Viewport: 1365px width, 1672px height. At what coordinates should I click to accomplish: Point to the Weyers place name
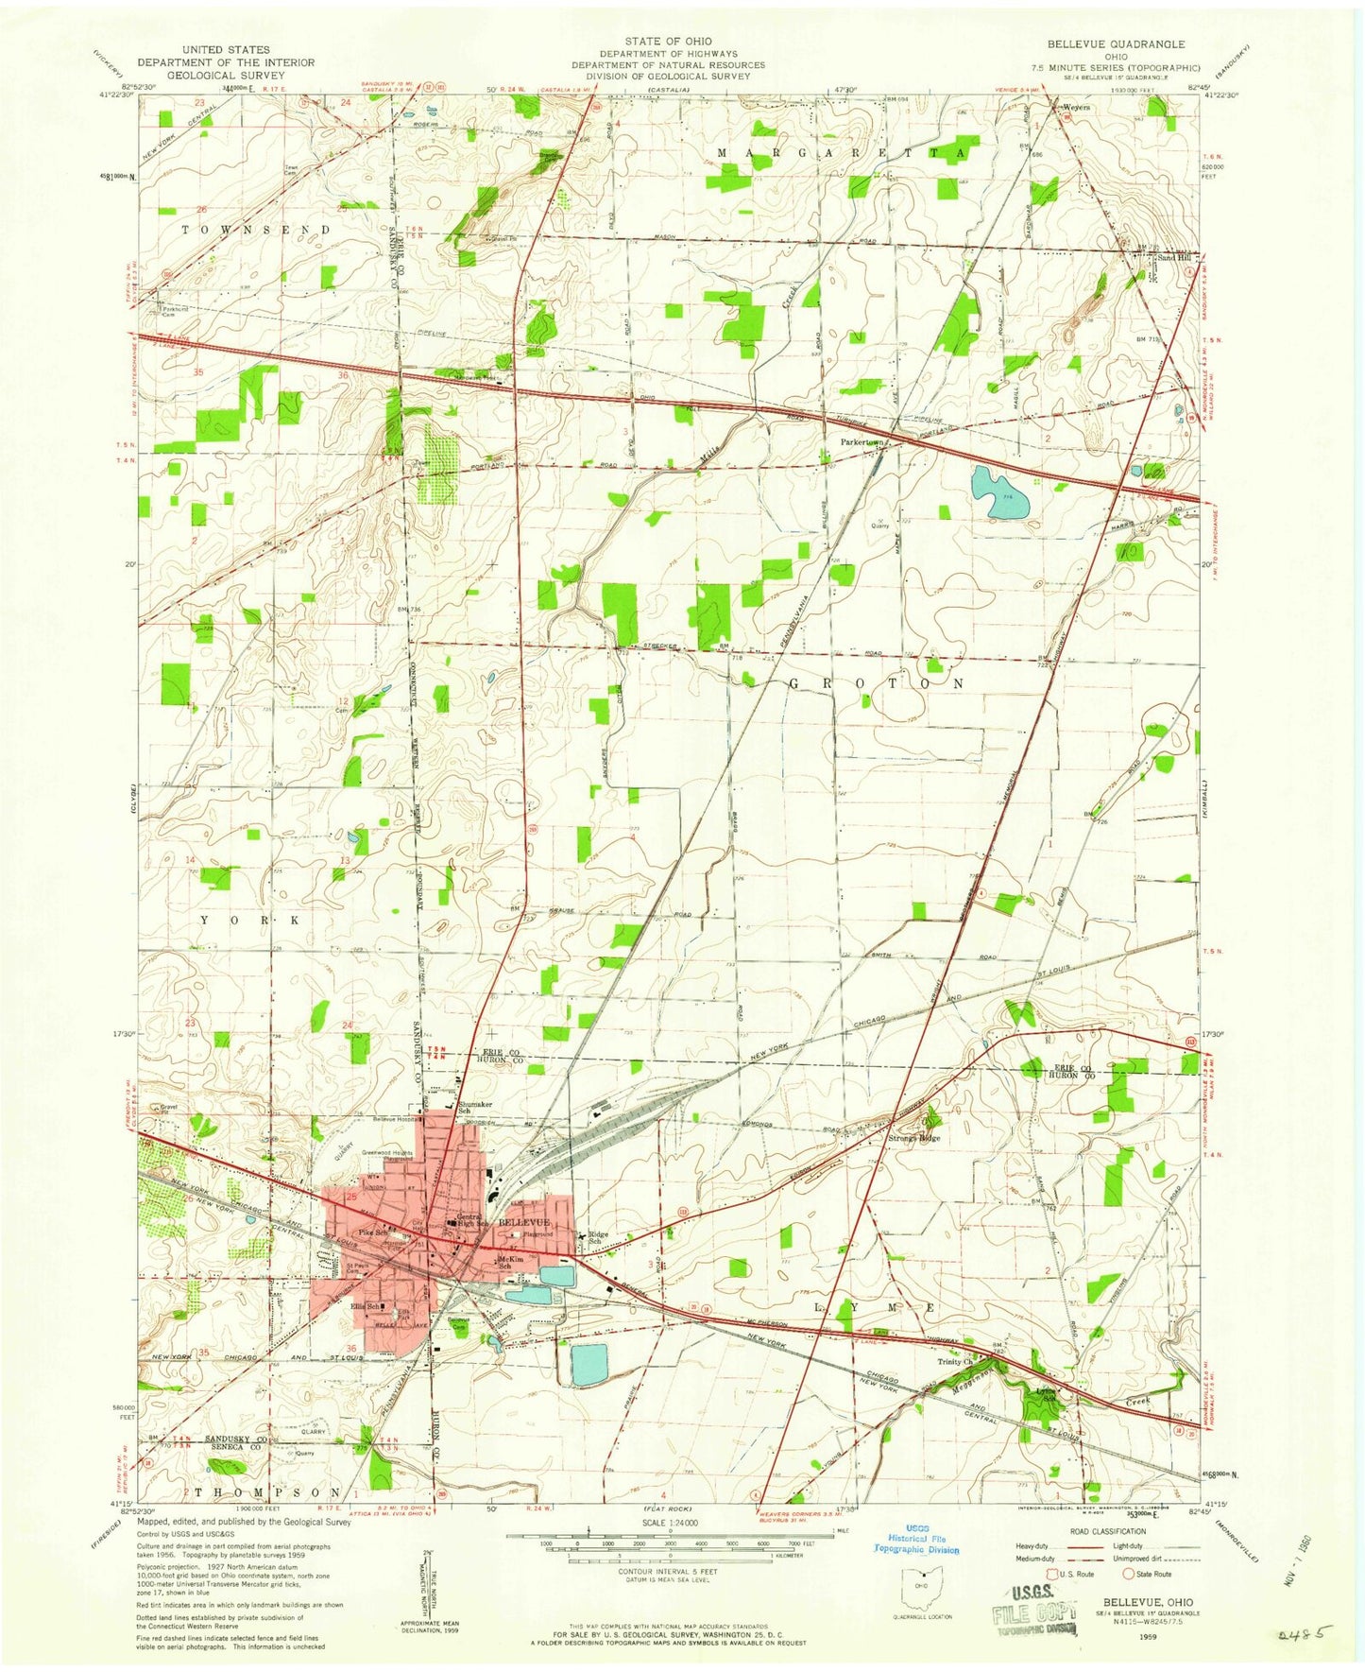[x=1076, y=108]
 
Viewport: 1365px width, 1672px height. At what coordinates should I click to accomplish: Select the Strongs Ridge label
[x=915, y=1138]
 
